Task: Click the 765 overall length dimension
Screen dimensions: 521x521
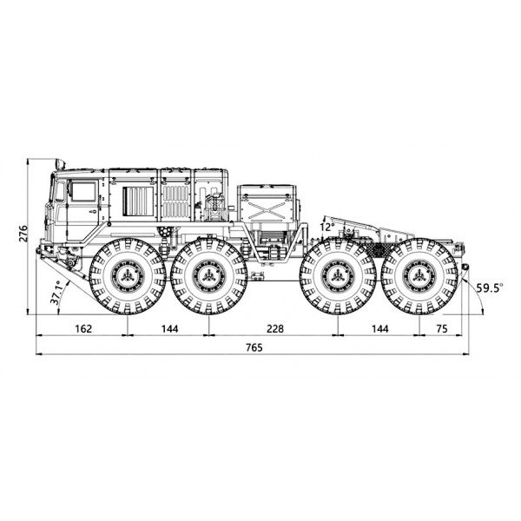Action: tap(254, 347)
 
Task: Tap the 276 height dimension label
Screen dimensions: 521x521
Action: tap(23, 234)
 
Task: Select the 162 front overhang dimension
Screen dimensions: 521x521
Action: tap(83, 328)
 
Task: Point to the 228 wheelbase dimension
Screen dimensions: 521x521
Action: tap(275, 328)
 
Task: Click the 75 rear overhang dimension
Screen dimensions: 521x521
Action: tap(442, 328)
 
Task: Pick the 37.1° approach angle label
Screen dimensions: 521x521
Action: tap(56, 293)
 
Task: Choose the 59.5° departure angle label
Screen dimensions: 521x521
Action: tap(490, 287)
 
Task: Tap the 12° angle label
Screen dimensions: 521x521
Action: tap(327, 228)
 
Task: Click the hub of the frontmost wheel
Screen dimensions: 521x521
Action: tap(128, 276)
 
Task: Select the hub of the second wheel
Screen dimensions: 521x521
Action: tap(209, 276)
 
